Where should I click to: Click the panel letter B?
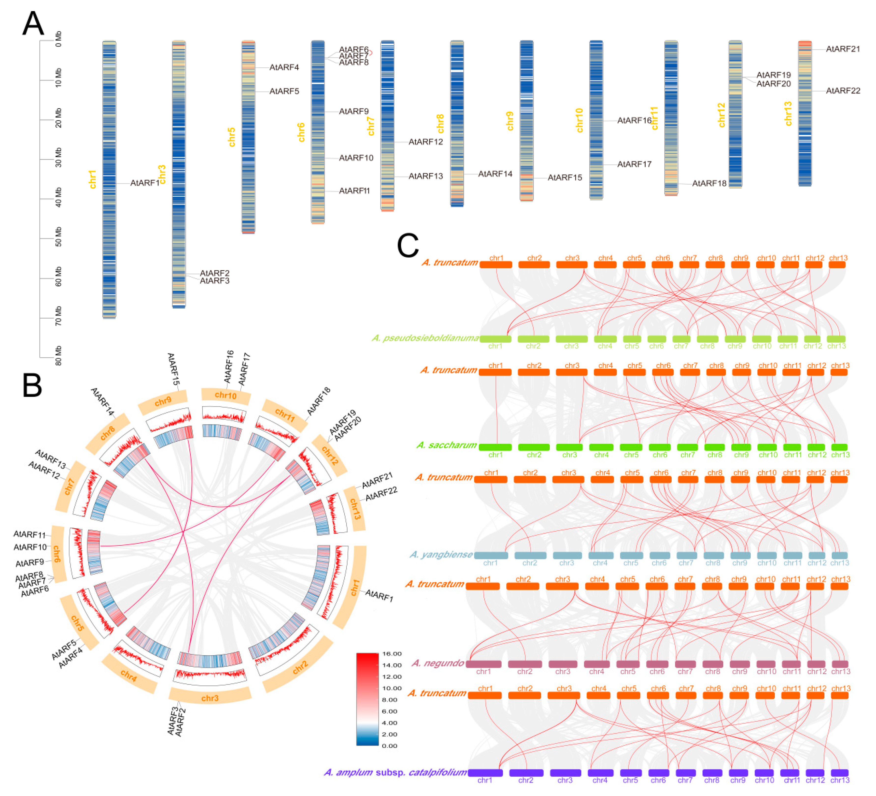click(x=32, y=386)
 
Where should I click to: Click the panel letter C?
click(x=408, y=246)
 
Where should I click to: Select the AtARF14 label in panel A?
click(x=495, y=174)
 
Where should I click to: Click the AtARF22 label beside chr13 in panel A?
click(x=843, y=91)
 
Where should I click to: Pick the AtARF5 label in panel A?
click(x=284, y=91)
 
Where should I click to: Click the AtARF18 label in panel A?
click(x=709, y=183)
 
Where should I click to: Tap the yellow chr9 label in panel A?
click(x=510, y=121)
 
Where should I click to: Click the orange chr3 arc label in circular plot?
click(x=210, y=698)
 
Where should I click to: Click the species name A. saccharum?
click(x=447, y=445)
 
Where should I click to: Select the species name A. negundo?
click(x=438, y=663)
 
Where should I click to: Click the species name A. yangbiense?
click(x=441, y=555)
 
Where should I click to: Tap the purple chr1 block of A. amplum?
click(x=485, y=773)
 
